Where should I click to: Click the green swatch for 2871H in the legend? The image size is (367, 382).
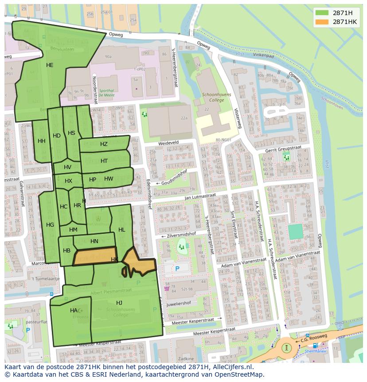pos(322,13)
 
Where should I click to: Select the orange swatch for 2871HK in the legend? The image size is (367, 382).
pos(322,22)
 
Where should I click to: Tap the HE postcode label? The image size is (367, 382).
pos(50,65)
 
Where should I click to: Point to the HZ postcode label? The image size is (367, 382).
pos(104,144)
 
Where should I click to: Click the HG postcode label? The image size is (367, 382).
pos(50,225)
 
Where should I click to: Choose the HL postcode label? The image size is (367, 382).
pos(121,230)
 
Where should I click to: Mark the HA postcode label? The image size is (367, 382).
pos(74,311)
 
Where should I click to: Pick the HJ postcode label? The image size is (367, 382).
pos(119,303)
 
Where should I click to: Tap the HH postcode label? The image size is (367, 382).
pos(42,141)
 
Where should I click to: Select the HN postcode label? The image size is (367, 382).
pos(94,241)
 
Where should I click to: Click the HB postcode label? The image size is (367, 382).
pos(66,251)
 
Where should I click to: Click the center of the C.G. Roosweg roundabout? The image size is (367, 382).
pos(287,347)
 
